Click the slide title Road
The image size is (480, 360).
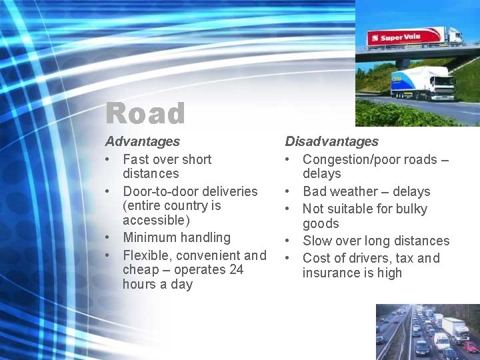click(x=145, y=113)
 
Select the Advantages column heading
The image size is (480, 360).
click(x=142, y=141)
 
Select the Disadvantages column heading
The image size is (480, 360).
click(x=331, y=141)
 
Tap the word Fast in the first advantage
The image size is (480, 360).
click(x=136, y=159)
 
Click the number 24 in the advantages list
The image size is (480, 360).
click(x=237, y=269)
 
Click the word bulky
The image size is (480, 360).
click(x=412, y=209)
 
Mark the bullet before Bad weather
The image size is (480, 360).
click(x=289, y=192)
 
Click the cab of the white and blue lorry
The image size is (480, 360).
click(x=441, y=83)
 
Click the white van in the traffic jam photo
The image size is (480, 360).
click(x=442, y=339)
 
